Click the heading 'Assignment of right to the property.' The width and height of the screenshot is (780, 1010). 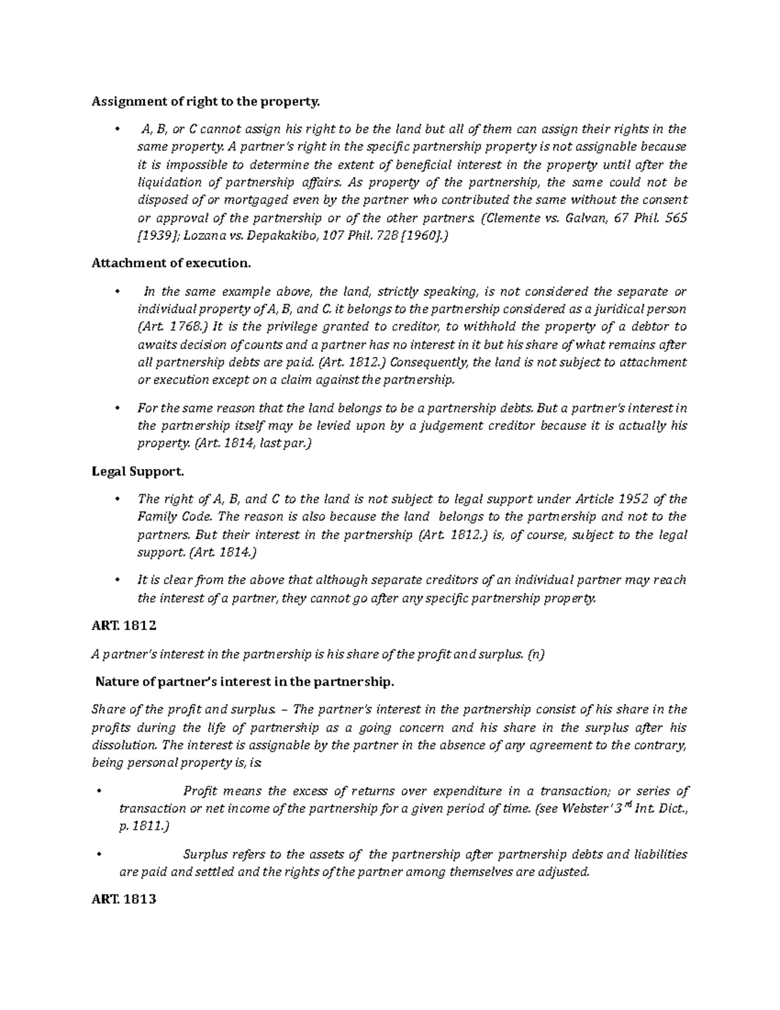click(x=206, y=101)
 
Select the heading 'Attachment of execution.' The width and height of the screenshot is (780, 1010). click(x=170, y=263)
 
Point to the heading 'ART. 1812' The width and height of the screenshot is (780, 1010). click(x=124, y=626)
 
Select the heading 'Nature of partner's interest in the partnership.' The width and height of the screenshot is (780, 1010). click(x=244, y=682)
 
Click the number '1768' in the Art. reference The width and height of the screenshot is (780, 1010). click(x=193, y=327)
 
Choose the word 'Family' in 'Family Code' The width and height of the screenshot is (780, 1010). click(x=156, y=517)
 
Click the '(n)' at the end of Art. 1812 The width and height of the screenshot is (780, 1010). click(x=536, y=655)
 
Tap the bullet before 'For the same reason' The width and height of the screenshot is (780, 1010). click(x=117, y=408)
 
